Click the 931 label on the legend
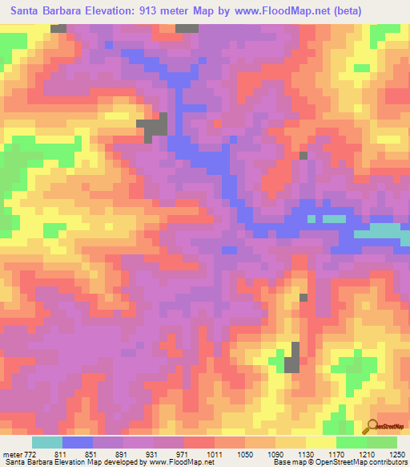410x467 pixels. tap(151, 453)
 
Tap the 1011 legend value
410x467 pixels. tap(213, 453)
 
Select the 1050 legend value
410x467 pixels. tap(245, 453)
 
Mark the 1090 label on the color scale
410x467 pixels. tap(276, 453)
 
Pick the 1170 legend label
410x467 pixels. tap(340, 453)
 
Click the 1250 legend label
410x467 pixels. tap(397, 453)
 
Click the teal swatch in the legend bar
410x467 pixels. tap(47, 442)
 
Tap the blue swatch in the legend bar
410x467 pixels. tap(78, 442)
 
